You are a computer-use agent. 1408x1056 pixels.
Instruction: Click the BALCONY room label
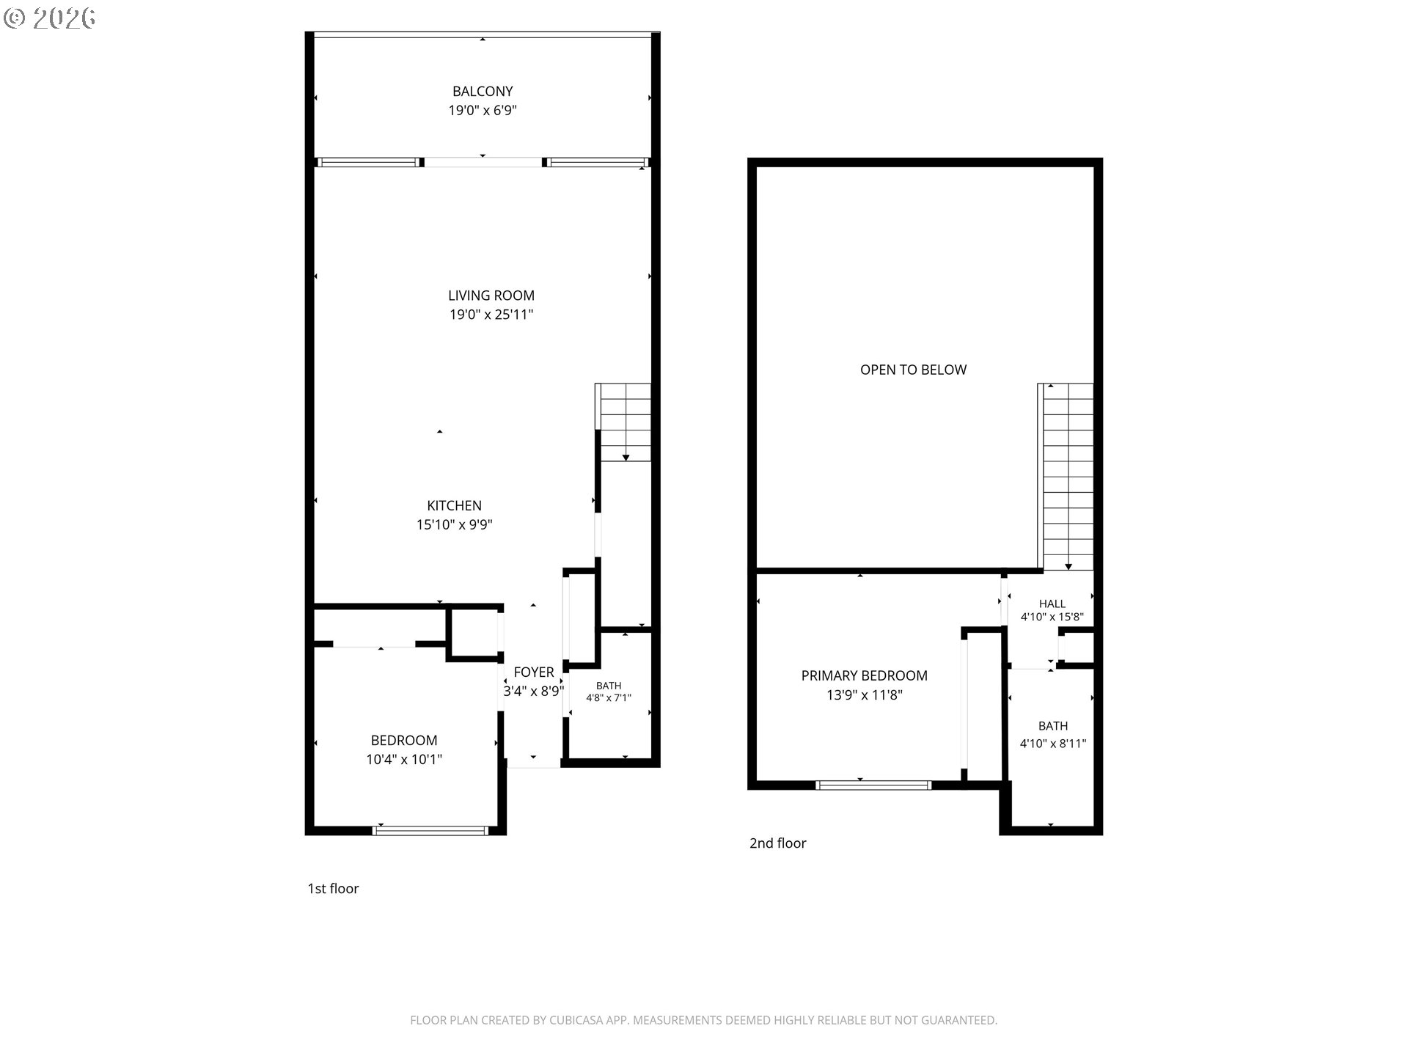coord(483,92)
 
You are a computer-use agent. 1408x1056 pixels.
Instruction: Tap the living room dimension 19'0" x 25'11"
coord(491,315)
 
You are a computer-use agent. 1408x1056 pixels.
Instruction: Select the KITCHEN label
coord(455,505)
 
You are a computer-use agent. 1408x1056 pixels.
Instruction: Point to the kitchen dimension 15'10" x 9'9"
coord(455,524)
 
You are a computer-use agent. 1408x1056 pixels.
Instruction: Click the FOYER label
coord(534,672)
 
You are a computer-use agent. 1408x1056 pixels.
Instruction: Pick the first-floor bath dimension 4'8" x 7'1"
coord(609,698)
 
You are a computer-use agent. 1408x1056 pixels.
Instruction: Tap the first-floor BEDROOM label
coord(404,741)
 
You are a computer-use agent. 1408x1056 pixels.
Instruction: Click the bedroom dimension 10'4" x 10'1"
coord(404,760)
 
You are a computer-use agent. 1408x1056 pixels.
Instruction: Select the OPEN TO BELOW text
coord(914,370)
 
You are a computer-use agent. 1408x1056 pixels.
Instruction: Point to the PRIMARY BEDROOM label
coord(865,675)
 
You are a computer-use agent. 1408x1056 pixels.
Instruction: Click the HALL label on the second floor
coord(1052,604)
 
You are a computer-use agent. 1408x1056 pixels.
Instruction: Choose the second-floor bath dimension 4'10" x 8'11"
coord(1053,744)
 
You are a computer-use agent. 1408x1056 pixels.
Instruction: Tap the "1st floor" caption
coord(333,889)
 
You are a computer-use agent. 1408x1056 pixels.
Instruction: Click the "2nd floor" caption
coord(777,843)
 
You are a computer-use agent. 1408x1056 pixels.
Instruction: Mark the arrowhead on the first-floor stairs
coord(626,458)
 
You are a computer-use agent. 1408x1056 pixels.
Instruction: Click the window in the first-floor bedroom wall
coord(430,830)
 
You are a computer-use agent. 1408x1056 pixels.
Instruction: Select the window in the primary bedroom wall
coord(873,785)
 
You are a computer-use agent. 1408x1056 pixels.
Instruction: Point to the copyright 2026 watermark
coord(50,18)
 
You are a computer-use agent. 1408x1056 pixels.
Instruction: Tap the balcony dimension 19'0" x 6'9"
coord(483,111)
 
